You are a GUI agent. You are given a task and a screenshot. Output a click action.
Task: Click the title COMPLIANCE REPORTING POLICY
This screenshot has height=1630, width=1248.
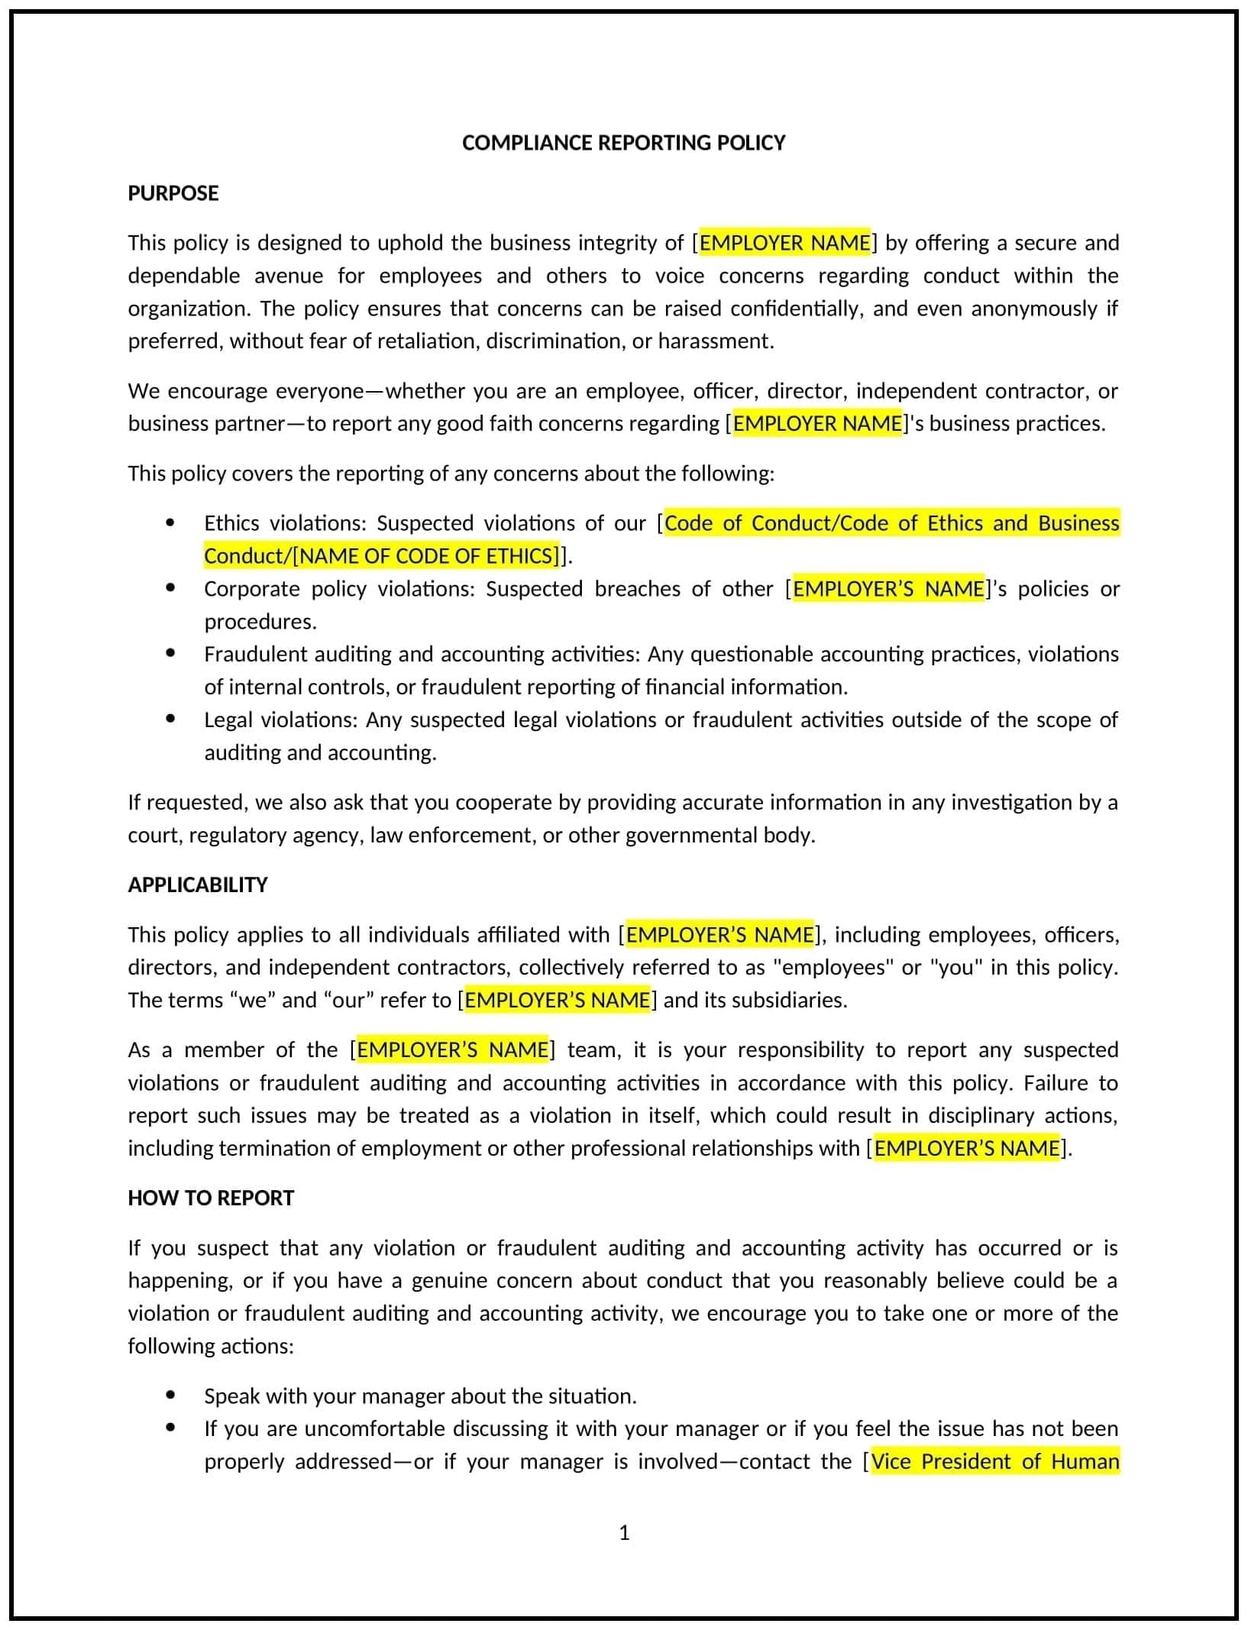click(x=623, y=143)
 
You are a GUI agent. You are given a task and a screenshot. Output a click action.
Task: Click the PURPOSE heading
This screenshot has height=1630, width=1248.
click(x=173, y=193)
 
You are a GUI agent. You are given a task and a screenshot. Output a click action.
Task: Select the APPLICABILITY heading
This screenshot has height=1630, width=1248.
click(x=198, y=885)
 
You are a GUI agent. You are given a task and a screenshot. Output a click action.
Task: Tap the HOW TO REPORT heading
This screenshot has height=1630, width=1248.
click(x=211, y=1198)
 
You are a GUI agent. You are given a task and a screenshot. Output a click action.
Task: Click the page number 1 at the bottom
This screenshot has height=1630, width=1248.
click(x=624, y=1532)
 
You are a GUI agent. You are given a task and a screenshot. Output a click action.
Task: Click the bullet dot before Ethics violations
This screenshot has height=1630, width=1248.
click(x=170, y=523)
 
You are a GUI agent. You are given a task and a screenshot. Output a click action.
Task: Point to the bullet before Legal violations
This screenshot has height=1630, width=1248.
click(x=170, y=720)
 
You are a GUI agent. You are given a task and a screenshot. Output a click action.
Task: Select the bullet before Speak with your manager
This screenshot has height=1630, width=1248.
click(x=170, y=1396)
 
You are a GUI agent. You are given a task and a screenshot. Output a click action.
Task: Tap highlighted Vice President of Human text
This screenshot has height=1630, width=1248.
click(x=994, y=1461)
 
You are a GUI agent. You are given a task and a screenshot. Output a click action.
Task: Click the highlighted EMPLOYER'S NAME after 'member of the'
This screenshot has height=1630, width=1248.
click(x=452, y=1049)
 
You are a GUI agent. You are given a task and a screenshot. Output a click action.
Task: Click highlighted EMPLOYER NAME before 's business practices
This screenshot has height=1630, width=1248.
click(x=817, y=424)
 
